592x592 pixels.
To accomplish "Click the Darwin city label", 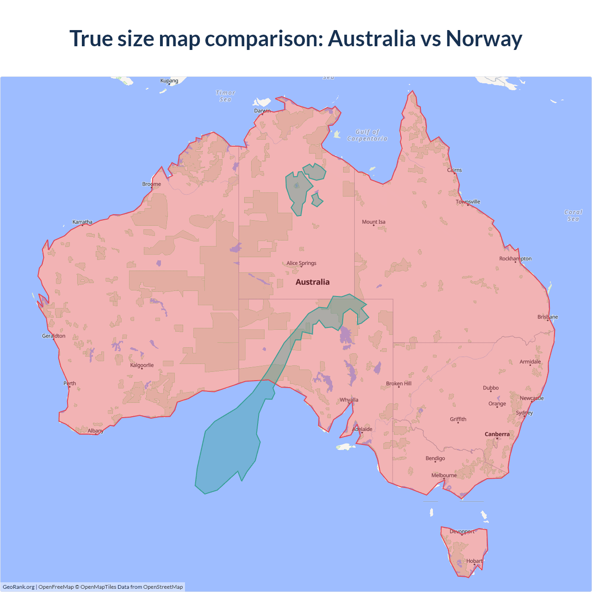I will click(262, 111).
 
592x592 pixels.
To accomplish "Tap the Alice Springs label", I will click(301, 263).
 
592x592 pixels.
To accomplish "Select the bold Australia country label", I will click(313, 282).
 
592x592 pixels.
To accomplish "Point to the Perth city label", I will click(69, 383).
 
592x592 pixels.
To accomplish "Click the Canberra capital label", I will click(497, 434).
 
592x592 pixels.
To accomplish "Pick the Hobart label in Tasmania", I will click(474, 561).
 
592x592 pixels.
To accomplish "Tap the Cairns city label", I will click(454, 170).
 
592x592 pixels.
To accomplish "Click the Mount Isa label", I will click(373, 222).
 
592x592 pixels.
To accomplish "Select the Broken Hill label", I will click(398, 383).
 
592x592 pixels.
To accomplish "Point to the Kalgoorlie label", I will click(142, 365).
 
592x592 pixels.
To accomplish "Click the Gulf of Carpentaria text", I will click(367, 135).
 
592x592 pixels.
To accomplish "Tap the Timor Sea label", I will click(225, 96).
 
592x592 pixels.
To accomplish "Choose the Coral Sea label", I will click(573, 216).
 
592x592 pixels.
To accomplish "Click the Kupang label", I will click(169, 81).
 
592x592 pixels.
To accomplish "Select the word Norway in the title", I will click(484, 38).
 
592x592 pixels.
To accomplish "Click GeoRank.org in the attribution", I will click(18, 587).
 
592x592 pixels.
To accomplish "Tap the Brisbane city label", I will click(548, 317).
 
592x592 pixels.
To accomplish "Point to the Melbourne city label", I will click(444, 475).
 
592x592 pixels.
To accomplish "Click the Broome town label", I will click(151, 184).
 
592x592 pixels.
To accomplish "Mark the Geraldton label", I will click(54, 336).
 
